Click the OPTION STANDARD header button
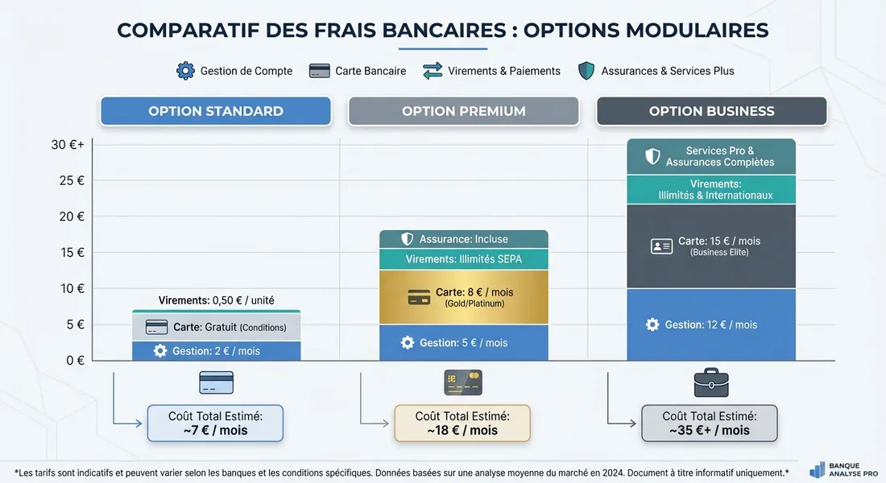215,111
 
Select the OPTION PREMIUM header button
463,111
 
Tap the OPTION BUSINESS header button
711,111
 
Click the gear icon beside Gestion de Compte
185,71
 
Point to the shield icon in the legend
586,71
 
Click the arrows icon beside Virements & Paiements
433,71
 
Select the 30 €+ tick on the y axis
68,145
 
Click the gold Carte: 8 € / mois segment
463,297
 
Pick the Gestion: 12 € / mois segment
711,324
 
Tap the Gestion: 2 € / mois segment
216,351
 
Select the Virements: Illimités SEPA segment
463,259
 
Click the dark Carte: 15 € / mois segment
711,246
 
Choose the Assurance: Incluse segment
463,239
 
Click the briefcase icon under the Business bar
711,382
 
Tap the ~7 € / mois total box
215,423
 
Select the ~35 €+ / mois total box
710,423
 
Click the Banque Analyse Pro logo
843,470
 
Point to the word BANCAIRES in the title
434,30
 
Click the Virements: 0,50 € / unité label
216,300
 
